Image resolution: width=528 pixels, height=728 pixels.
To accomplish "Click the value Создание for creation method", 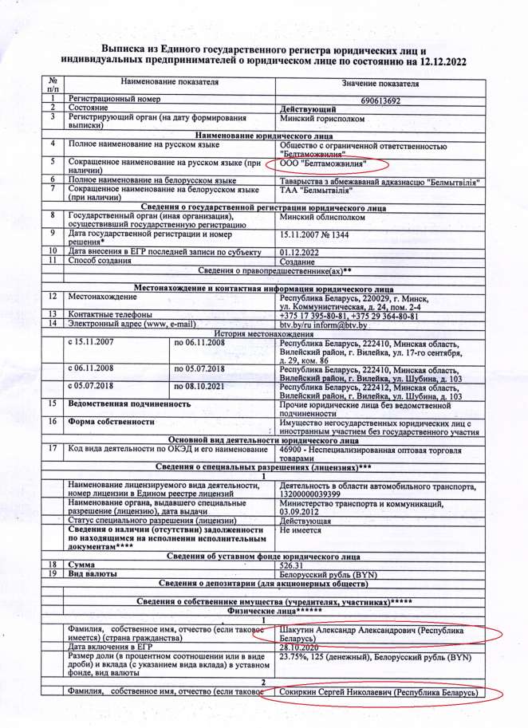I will (x=297, y=262).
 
